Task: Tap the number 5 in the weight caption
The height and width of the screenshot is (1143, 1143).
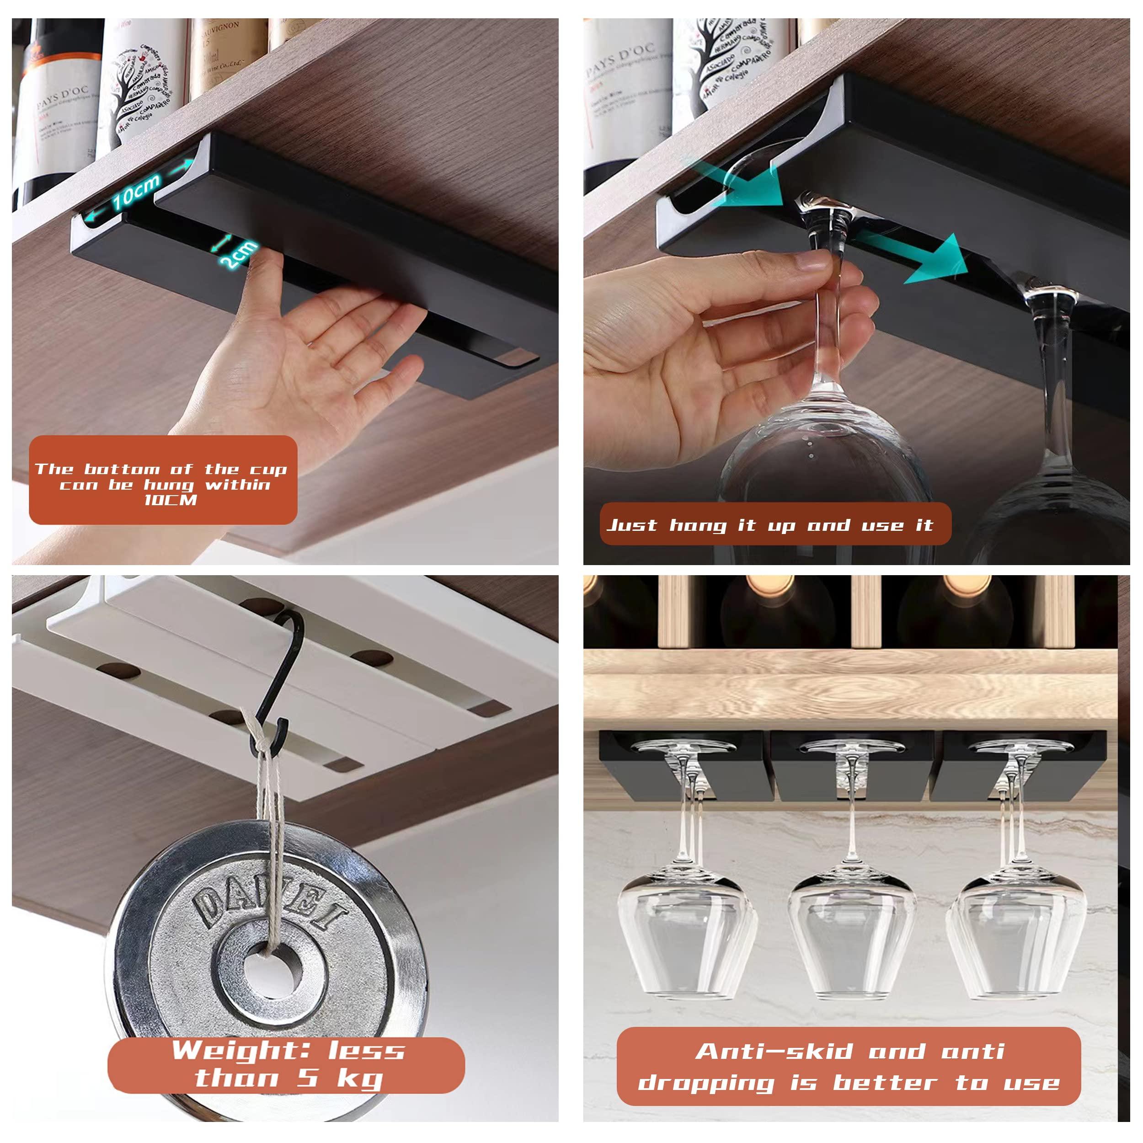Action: [308, 1078]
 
